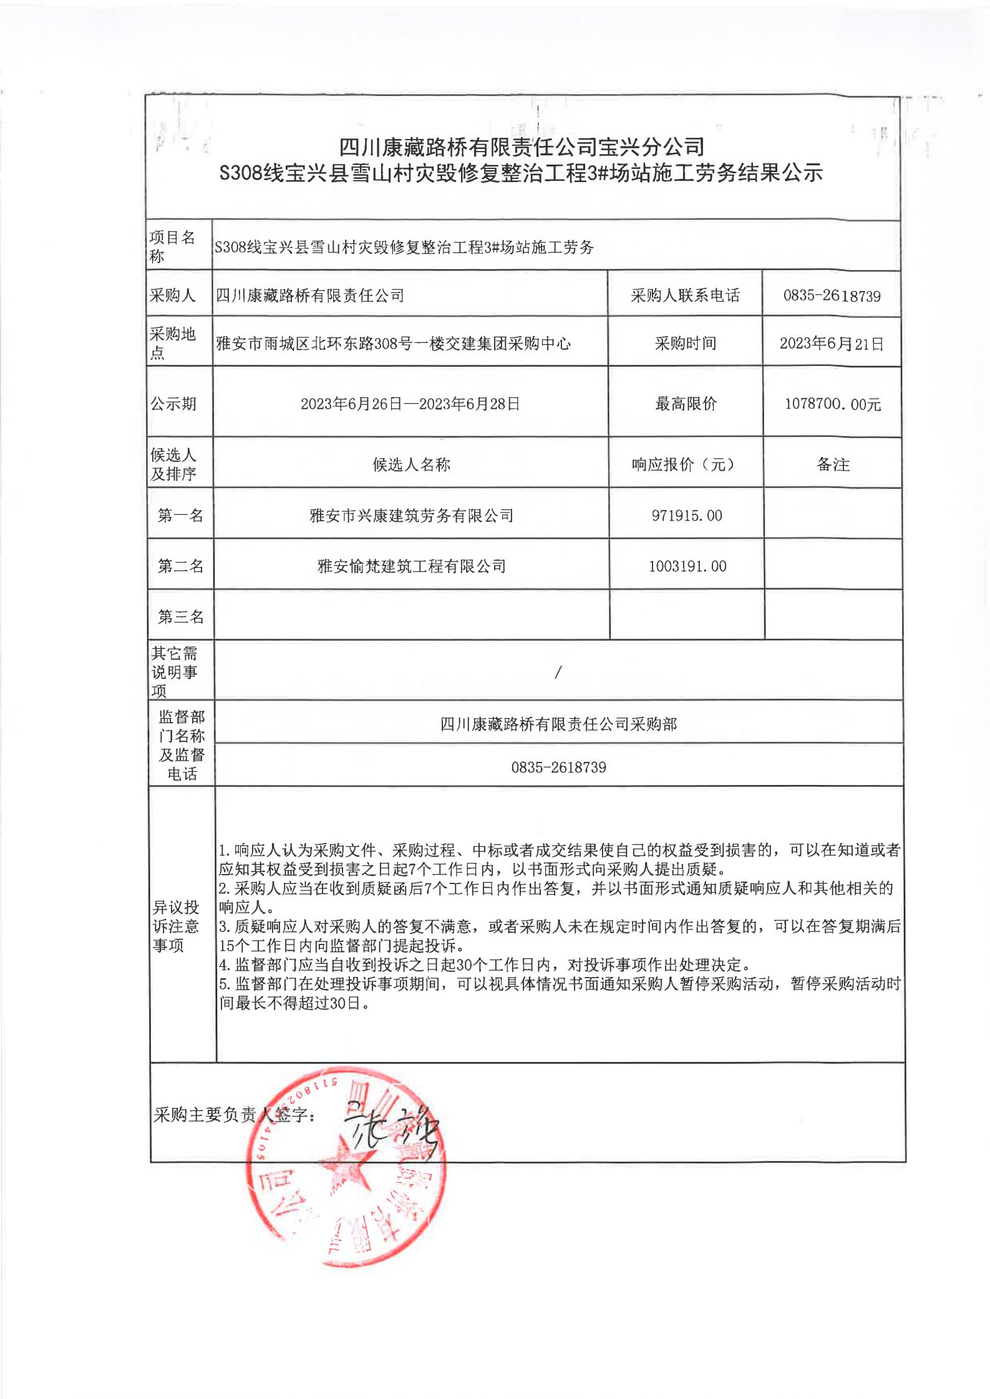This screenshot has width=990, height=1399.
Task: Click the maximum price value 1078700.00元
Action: pyautogui.click(x=832, y=405)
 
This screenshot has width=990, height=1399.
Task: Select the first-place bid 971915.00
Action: pyautogui.click(x=686, y=516)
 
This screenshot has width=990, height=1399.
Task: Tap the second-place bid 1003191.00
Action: pyautogui.click(x=687, y=566)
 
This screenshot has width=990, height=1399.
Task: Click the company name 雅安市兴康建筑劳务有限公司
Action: pyautogui.click(x=411, y=516)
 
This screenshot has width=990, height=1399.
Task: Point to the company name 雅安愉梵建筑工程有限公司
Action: pyautogui.click(x=411, y=566)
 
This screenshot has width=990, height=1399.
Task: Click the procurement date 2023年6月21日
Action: pyautogui.click(x=832, y=344)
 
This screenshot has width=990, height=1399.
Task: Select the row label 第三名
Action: pyautogui.click(x=180, y=617)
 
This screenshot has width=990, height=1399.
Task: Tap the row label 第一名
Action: pyautogui.click(x=180, y=516)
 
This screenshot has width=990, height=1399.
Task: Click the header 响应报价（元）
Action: pyautogui.click(x=686, y=464)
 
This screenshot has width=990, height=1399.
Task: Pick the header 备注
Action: pyautogui.click(x=833, y=464)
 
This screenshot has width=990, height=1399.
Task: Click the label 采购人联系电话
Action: pyautogui.click(x=685, y=296)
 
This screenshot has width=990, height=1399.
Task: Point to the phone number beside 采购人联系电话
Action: pyautogui.click(x=832, y=296)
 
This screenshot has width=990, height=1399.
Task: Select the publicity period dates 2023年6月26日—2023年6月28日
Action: pyautogui.click(x=410, y=404)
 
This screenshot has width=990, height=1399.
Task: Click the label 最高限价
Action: pyautogui.click(x=686, y=404)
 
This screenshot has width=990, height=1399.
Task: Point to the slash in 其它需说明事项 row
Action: pyautogui.click(x=558, y=671)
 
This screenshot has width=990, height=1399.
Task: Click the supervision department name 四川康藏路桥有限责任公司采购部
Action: pyautogui.click(x=558, y=724)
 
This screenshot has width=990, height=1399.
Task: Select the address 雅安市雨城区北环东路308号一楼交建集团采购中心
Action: pyautogui.click(x=393, y=344)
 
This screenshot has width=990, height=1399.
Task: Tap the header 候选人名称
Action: pyautogui.click(x=411, y=464)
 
